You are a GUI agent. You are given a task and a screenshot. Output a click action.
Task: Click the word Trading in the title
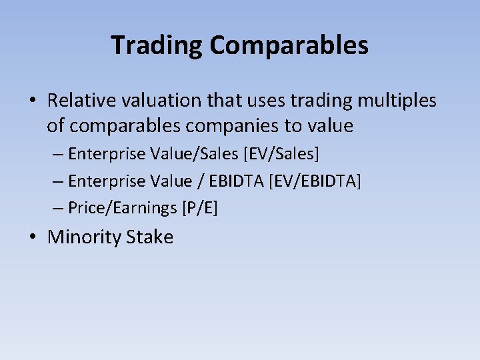[157, 45]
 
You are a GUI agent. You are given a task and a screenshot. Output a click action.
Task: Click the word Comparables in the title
[289, 45]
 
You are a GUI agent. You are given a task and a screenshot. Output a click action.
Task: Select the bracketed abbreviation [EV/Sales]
[281, 154]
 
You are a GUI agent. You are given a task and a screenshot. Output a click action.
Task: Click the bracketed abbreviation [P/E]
[199, 208]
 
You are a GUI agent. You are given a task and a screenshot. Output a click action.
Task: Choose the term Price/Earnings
[123, 208]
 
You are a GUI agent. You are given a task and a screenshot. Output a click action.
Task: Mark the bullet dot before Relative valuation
[33, 101]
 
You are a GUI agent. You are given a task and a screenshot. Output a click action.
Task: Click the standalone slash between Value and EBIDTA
[201, 181]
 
